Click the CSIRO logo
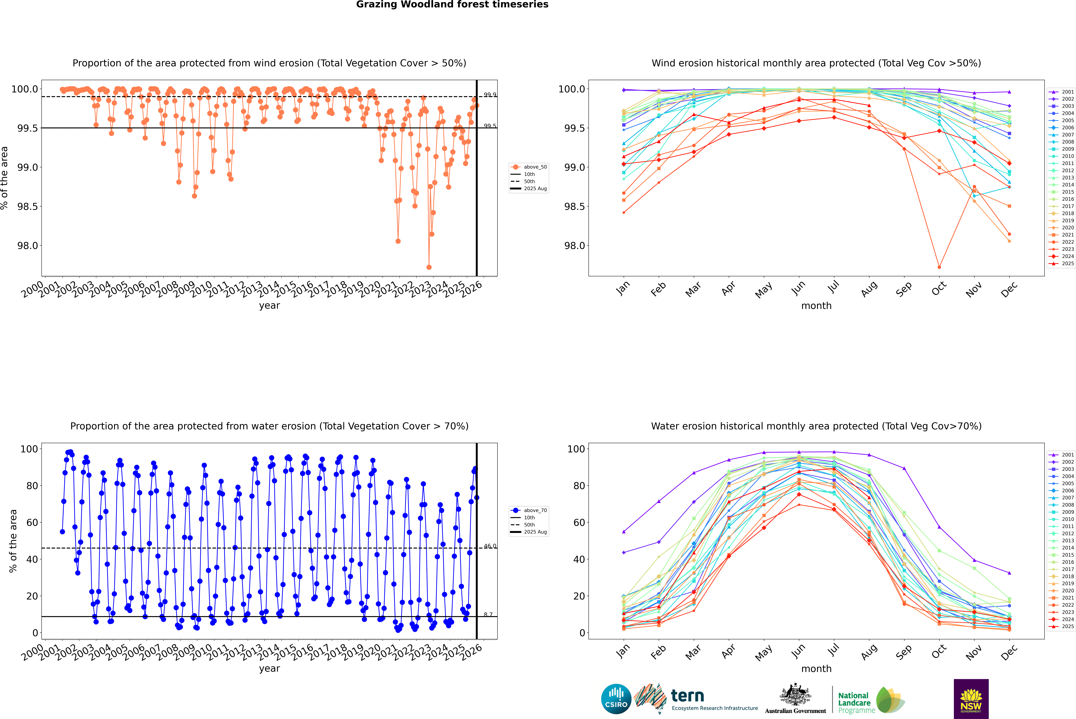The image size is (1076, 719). [616, 699]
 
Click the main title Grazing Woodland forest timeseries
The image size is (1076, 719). [452, 5]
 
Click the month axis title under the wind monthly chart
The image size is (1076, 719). [816, 306]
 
